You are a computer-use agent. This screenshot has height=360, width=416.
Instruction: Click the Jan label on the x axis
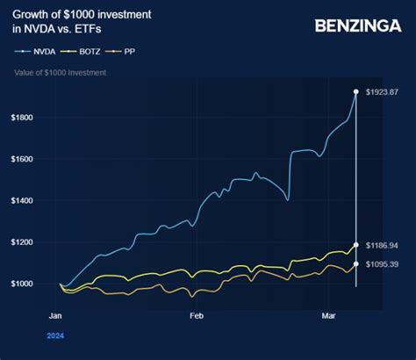tap(54, 314)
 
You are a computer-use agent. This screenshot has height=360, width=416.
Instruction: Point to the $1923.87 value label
tap(383, 91)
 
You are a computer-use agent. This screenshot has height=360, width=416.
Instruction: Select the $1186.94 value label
tap(383, 245)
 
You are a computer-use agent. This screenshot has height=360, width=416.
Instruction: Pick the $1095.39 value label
tap(383, 263)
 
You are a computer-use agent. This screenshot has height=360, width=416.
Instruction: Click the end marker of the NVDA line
tap(355, 91)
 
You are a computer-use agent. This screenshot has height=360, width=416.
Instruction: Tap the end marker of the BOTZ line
tap(355, 245)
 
